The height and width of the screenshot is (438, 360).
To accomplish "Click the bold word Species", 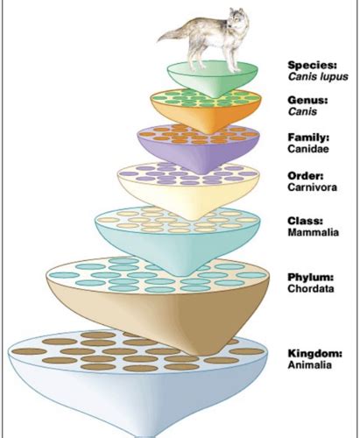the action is pos(312,65).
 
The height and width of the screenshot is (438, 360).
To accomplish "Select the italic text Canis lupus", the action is pos(318,77).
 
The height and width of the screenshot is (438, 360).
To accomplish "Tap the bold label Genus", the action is pos(307,100).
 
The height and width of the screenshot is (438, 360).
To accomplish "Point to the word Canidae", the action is pos(308,149).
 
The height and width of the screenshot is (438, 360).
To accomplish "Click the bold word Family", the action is pos(308,138).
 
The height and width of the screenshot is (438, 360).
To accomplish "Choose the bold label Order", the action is pos(306,176).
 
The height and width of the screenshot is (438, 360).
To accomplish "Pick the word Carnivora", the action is pos(312,187).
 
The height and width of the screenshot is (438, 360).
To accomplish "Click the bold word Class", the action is pos(306,221).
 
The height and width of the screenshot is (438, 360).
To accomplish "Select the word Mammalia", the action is pos(314,232).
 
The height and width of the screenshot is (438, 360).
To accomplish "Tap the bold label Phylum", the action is pos(311,277).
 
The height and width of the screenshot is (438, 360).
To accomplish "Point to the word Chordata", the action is pos(311,288).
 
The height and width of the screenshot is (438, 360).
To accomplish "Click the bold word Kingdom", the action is pos(314,353).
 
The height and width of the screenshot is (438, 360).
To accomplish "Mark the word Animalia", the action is pos(309,365).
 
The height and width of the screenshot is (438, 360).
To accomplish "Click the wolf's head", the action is pos(238,18).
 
